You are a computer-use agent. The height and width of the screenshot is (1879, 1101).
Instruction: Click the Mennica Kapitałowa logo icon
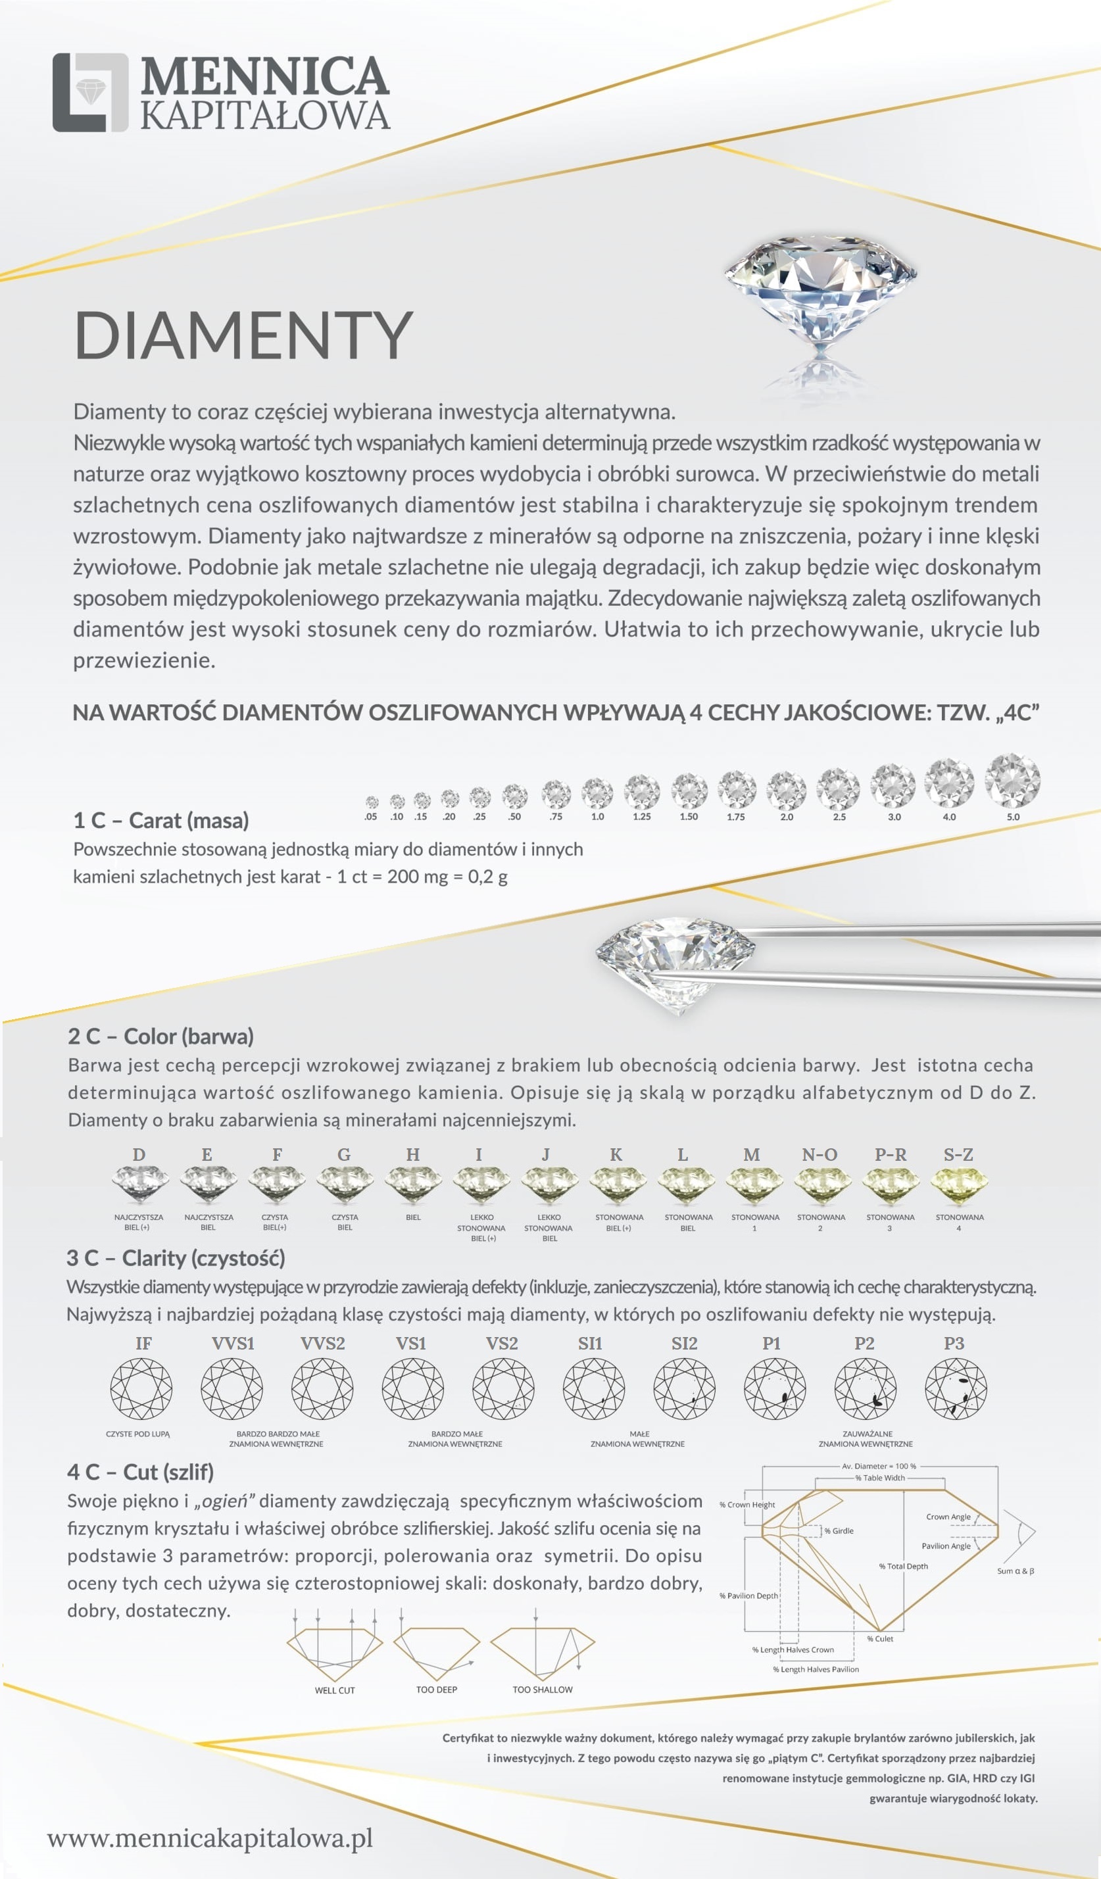pyautogui.click(x=90, y=93)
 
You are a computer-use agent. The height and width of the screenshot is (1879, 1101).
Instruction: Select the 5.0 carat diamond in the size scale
pyautogui.click(x=1012, y=781)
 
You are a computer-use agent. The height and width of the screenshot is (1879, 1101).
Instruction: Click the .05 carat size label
pyautogui.click(x=370, y=816)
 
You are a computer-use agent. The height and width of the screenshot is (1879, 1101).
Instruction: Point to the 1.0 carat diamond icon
pyautogui.click(x=597, y=793)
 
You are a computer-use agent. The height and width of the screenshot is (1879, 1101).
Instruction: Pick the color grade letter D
pyautogui.click(x=139, y=1154)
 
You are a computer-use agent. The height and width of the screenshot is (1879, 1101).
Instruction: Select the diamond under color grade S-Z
pyautogui.click(x=960, y=1186)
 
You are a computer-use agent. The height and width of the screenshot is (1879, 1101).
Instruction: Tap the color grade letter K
pyautogui.click(x=616, y=1154)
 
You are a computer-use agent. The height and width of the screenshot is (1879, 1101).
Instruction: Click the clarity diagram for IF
pyautogui.click(x=141, y=1388)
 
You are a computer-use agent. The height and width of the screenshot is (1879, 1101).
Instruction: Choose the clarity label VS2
pyautogui.click(x=502, y=1343)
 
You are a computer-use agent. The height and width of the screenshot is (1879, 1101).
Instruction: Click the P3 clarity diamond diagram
pyautogui.click(x=956, y=1388)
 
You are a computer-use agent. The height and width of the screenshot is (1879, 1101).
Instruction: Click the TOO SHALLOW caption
pyautogui.click(x=542, y=1690)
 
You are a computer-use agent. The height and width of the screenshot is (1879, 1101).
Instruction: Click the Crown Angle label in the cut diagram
pyautogui.click(x=948, y=1517)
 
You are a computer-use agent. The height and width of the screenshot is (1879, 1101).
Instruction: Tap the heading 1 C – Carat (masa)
pyautogui.click(x=160, y=820)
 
